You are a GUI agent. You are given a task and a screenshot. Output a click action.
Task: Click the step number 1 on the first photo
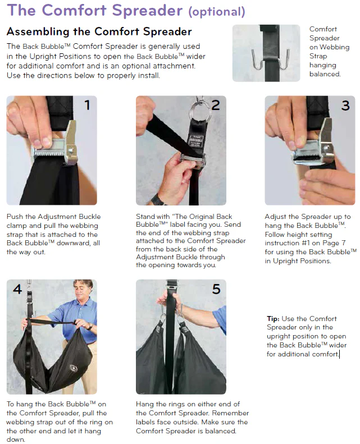click(87, 105)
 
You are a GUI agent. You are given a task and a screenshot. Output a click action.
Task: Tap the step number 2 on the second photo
click(216, 106)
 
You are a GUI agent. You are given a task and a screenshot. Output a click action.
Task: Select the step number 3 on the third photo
click(345, 106)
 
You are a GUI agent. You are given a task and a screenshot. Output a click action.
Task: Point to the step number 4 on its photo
click(17, 289)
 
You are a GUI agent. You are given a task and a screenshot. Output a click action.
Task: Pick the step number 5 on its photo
click(216, 289)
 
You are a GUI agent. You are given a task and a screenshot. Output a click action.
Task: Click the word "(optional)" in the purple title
click(217, 12)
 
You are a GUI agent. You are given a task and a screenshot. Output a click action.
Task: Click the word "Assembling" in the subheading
click(38, 31)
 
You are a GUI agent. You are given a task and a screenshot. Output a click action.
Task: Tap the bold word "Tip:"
click(273, 319)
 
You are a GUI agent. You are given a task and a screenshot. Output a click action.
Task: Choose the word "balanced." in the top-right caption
click(325, 74)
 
